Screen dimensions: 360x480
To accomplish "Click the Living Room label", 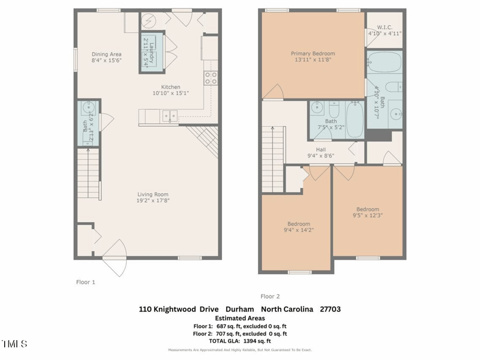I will pos(152,194).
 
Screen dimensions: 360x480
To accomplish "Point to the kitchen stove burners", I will pos(211,77).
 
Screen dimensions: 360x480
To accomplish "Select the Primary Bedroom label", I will pos(313,54).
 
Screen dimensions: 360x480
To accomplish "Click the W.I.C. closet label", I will pos(384,27).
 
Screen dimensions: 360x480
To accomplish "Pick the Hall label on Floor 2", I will pos(320,150).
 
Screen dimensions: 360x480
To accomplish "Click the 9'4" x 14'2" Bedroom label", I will pos(298,224).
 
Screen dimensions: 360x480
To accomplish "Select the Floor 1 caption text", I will pos(85,281).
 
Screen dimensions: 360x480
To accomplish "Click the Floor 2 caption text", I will pos(270,296).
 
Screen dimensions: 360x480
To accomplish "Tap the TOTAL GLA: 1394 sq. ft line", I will pos(240,341).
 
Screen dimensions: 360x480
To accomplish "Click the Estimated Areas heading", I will pos(240,318).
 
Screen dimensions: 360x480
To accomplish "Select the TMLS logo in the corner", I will pos(14,344).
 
